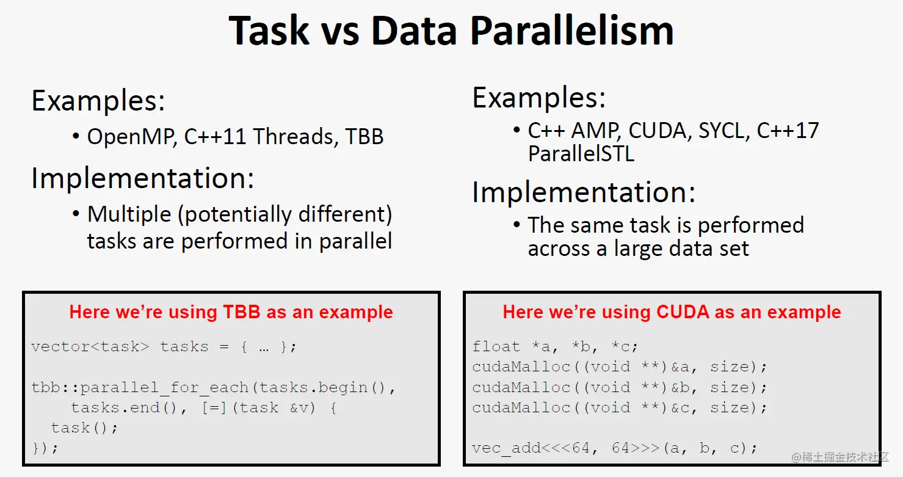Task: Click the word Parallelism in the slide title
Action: click(x=571, y=31)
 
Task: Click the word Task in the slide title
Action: click(x=269, y=31)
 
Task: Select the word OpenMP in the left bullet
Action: click(x=132, y=137)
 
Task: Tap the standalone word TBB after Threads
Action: click(x=364, y=136)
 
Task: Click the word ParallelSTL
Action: click(x=581, y=154)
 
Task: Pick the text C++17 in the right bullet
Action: click(x=788, y=131)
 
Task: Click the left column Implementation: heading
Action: click(x=143, y=178)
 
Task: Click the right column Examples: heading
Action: click(x=539, y=98)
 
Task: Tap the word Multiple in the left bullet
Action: click(x=129, y=214)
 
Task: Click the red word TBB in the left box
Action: click(x=242, y=312)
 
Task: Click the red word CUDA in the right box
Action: click(x=683, y=312)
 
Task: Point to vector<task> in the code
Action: click(x=90, y=346)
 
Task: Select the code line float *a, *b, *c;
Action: click(x=555, y=346)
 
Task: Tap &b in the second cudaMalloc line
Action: click(x=681, y=387)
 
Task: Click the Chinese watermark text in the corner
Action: click(x=840, y=457)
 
